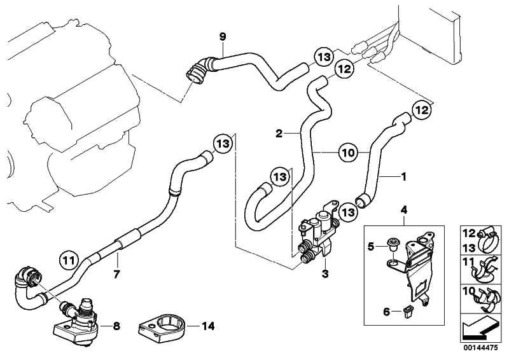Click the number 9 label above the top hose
(223, 37)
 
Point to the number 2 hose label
(279, 134)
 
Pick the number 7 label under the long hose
(117, 274)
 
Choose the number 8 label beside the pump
(116, 327)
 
